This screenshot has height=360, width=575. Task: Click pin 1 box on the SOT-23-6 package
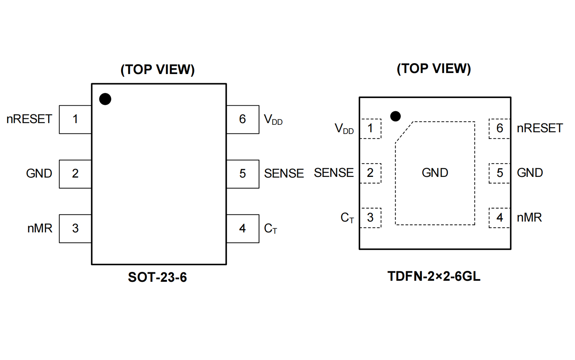pos(75,119)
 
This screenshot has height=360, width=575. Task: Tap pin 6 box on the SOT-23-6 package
pos(243,119)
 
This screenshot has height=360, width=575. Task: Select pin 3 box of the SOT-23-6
pos(75,228)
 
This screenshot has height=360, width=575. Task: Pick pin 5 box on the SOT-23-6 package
pos(243,174)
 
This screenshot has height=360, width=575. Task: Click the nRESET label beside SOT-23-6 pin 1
pos(29,119)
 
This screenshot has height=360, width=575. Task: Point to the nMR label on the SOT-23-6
pos(40,228)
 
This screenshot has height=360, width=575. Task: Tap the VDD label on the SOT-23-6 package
pos(273,120)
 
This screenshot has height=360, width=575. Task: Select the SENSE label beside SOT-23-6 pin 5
pos(284,174)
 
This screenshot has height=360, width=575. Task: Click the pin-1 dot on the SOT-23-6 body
pos(105,99)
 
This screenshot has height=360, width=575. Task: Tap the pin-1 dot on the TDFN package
pos(395,116)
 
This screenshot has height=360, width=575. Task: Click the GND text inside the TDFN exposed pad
pos(435,173)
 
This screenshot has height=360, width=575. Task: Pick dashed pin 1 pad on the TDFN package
pos(371,129)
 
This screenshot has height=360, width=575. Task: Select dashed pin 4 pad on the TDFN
pos(499,218)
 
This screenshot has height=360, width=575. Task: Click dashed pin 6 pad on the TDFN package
pos(499,129)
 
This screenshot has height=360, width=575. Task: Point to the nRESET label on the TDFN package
pos(540,128)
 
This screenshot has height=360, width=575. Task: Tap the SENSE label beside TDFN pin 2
pos(334,173)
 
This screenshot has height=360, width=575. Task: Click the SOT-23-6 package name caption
pos(157,277)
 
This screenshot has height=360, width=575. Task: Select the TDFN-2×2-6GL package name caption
pos(434,276)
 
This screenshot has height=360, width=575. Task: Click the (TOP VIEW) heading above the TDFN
pos(434,68)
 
